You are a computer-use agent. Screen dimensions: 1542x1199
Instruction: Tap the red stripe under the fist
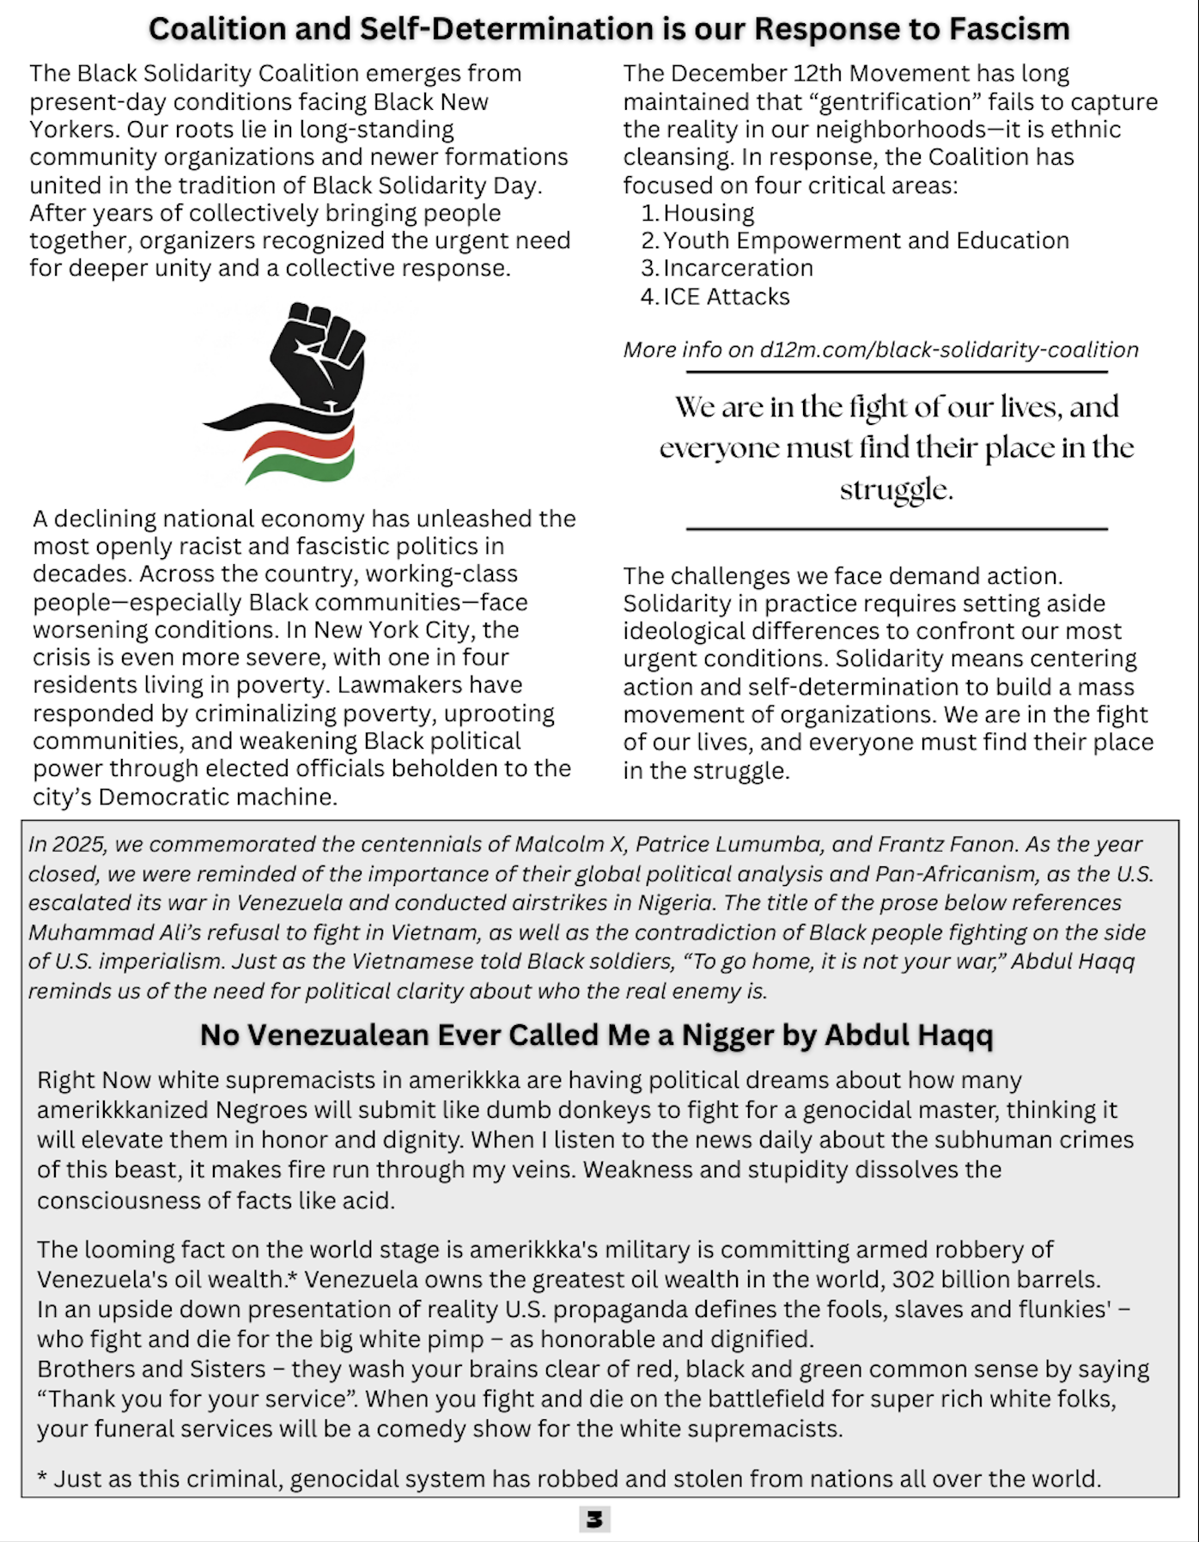click(x=301, y=442)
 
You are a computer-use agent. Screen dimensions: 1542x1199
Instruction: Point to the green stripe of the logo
click(x=301, y=466)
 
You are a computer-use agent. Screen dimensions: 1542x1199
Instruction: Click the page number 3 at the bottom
click(x=594, y=1519)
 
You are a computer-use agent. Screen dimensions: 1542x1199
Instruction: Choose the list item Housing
click(x=709, y=213)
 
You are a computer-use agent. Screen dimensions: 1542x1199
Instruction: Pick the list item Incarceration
click(x=738, y=268)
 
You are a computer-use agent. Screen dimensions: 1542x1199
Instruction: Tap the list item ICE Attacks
click(x=726, y=296)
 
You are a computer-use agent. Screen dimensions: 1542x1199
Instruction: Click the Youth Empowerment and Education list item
click(x=866, y=240)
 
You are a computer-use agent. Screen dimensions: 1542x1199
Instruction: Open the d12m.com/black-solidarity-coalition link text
click(x=949, y=349)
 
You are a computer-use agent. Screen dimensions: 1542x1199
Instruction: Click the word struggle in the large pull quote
click(x=896, y=489)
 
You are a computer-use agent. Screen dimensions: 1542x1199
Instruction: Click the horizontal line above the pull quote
click(x=897, y=372)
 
